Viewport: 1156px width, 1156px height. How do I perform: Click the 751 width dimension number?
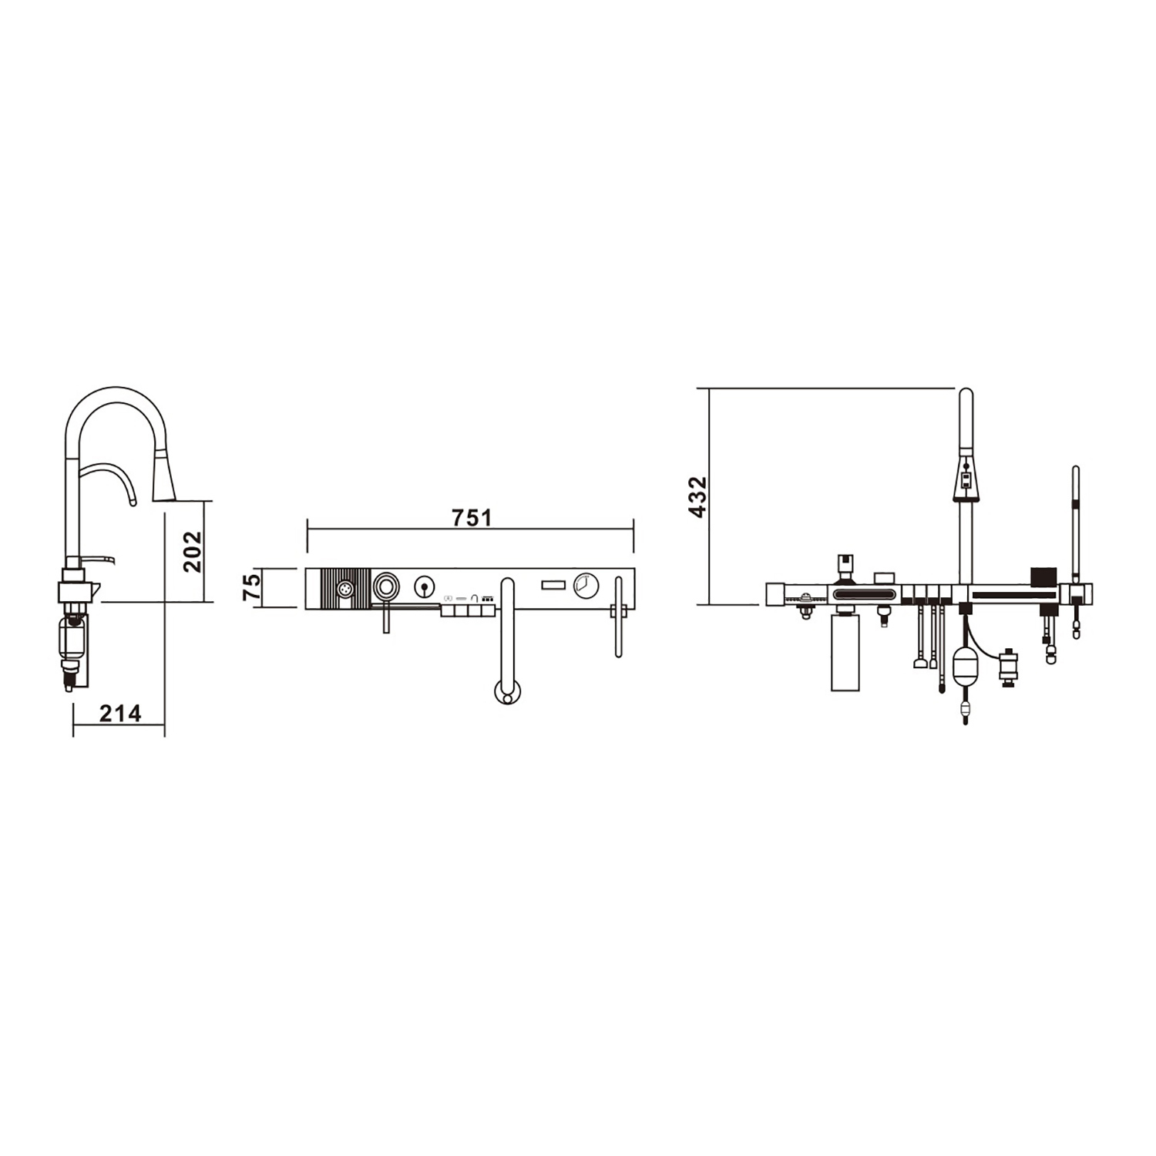click(472, 517)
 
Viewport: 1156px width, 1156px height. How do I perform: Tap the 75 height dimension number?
click(252, 587)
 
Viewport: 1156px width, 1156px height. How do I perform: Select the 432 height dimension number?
click(697, 497)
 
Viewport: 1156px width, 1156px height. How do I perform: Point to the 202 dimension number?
click(192, 552)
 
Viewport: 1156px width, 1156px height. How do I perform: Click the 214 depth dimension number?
click(121, 714)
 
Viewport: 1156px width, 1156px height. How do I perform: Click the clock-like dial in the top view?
click(586, 586)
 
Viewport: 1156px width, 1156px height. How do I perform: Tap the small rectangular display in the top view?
click(553, 586)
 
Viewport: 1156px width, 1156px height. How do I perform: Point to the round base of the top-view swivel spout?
click(506, 692)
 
